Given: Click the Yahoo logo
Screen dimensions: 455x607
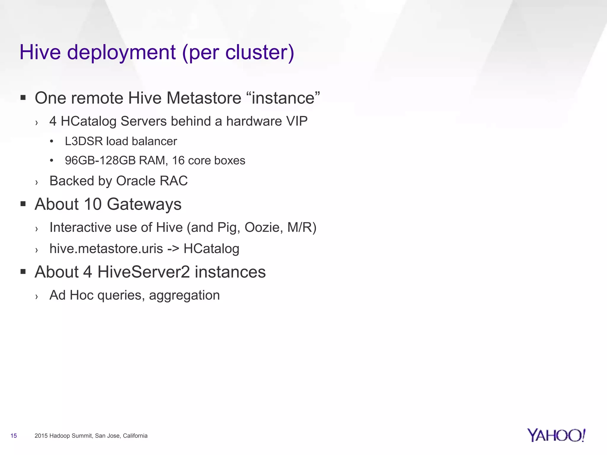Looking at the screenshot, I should tap(556, 435).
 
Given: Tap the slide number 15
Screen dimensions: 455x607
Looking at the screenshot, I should tap(14, 436).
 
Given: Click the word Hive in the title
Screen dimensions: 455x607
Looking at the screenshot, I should tap(40, 52).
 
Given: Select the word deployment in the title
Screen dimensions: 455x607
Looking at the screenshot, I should tap(122, 52).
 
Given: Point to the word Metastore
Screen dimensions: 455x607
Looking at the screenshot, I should tap(204, 98).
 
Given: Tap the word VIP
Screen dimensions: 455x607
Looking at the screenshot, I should tap(297, 121).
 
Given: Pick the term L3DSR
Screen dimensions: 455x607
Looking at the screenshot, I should tap(84, 141).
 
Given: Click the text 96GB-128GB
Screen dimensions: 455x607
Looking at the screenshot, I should tap(100, 161).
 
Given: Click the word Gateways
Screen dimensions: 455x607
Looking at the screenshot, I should tap(144, 204).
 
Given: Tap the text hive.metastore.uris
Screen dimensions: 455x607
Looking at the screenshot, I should tap(106, 249).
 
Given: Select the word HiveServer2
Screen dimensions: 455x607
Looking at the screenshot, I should tap(143, 272).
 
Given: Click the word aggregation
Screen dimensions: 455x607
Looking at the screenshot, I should tap(184, 295).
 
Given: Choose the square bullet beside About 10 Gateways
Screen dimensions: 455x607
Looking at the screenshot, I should tap(23, 204).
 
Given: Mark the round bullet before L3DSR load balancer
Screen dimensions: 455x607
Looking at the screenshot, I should tap(52, 142).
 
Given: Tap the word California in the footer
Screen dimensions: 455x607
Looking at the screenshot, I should tap(135, 436).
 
